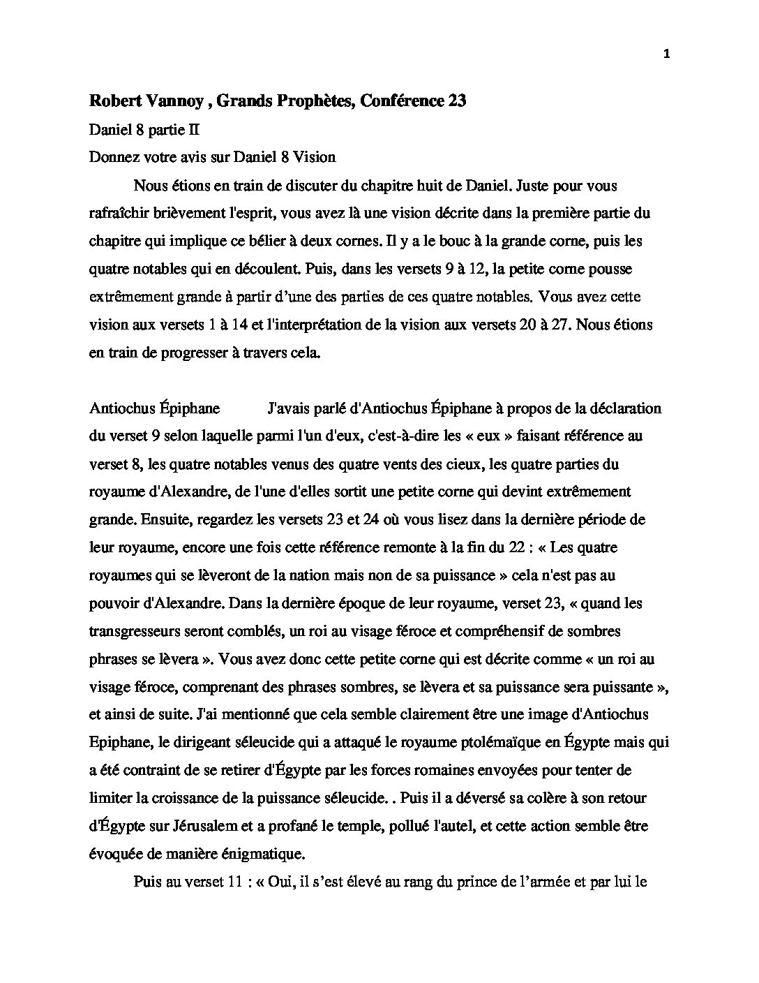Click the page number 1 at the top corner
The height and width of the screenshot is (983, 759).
point(667,55)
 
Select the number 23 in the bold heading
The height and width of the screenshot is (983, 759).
point(457,101)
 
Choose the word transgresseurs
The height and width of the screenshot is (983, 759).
point(137,631)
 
